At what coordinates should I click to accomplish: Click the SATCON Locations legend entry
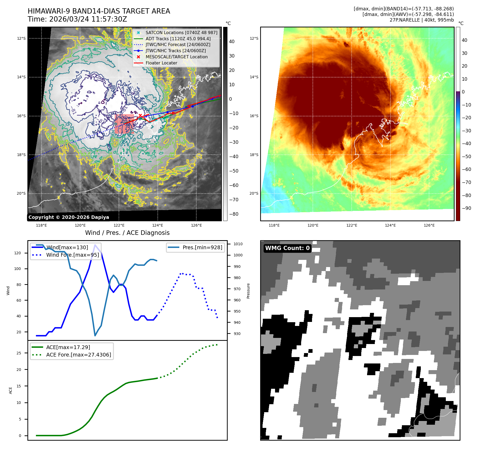pyautogui.click(x=181, y=32)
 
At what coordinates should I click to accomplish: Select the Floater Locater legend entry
pyautogui.click(x=161, y=63)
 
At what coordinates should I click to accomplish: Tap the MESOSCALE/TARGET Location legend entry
pyautogui.click(x=176, y=57)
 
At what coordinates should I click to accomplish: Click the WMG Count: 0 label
pyautogui.click(x=287, y=248)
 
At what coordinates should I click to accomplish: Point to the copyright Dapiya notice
pyautogui.click(x=69, y=217)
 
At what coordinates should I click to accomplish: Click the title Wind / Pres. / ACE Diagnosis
pyautogui.click(x=127, y=233)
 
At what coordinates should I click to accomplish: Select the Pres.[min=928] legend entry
pyautogui.click(x=202, y=247)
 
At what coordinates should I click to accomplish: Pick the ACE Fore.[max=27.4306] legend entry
pyautogui.click(x=78, y=355)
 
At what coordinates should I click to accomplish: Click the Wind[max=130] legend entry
pyautogui.click(x=67, y=247)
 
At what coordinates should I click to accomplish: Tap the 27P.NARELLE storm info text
pyautogui.click(x=421, y=20)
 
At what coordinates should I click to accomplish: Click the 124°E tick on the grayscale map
pyautogui.click(x=157, y=225)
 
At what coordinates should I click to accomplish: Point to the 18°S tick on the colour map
pyautogui.click(x=254, y=155)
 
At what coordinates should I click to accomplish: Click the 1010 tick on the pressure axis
pyautogui.click(x=238, y=244)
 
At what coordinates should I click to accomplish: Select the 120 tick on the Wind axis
pyautogui.click(x=18, y=253)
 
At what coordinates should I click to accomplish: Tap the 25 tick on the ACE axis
pyautogui.click(x=19, y=353)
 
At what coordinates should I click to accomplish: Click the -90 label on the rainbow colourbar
pyautogui.click(x=466, y=208)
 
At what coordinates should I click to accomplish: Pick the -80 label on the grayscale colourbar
pyautogui.click(x=234, y=214)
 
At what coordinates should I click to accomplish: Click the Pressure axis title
pyautogui.click(x=248, y=291)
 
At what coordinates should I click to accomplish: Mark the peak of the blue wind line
pyautogui.click(x=95, y=245)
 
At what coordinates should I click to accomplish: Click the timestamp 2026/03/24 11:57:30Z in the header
pyautogui.click(x=88, y=19)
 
